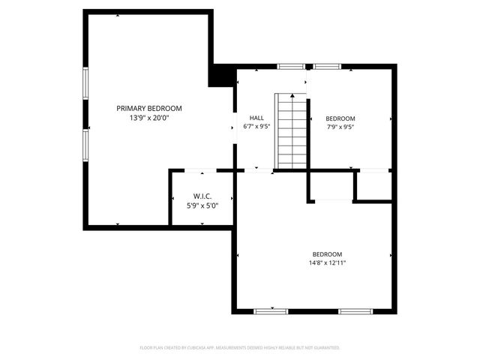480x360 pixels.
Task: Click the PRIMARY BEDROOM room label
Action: click(148, 108)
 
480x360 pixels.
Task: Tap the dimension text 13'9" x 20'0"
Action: click(148, 118)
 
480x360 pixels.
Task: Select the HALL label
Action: click(256, 118)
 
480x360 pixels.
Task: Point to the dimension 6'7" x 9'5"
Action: click(256, 127)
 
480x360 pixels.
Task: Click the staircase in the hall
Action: click(291, 132)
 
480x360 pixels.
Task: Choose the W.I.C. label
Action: click(202, 196)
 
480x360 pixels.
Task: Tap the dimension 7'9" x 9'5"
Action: click(340, 127)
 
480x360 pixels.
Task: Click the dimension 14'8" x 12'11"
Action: click(327, 262)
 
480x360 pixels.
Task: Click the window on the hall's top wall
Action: click(289, 67)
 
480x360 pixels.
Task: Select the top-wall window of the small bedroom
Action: click(327, 67)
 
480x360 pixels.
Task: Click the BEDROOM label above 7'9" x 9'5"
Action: click(340, 118)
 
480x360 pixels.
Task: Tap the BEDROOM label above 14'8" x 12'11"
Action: click(327, 253)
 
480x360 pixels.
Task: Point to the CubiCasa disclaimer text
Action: click(240, 348)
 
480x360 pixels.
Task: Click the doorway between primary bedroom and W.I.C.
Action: click(196, 171)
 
